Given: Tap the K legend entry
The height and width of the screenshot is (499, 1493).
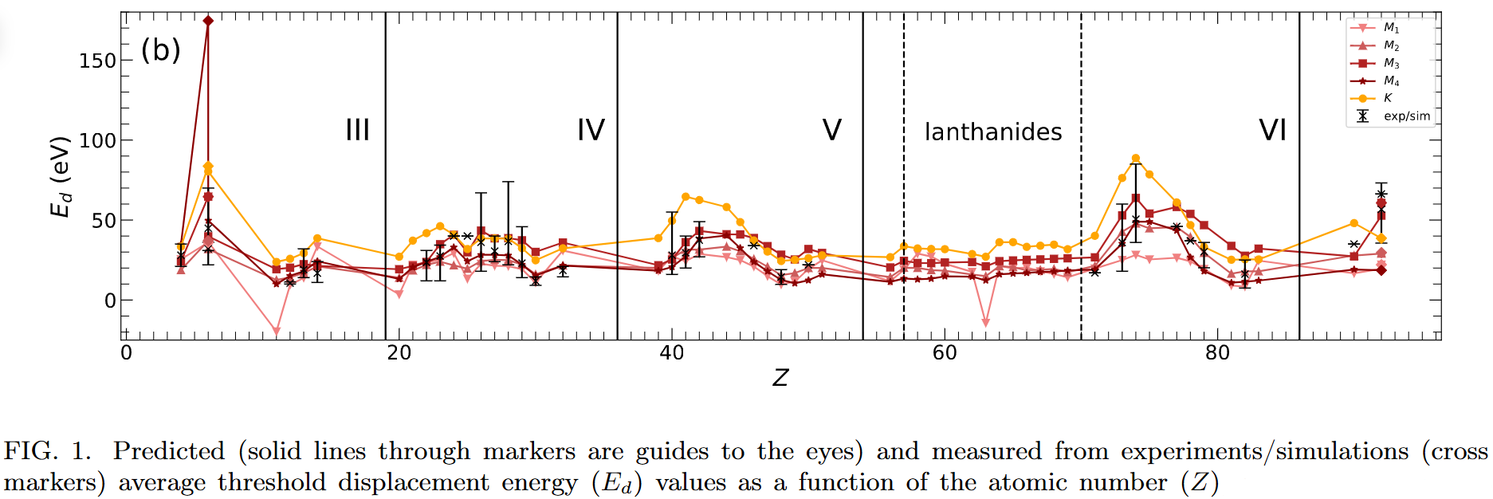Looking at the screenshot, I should (x=1388, y=98).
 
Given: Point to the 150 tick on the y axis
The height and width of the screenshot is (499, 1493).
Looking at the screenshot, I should (x=97, y=61).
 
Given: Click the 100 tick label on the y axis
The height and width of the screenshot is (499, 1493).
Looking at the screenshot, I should (x=97, y=141).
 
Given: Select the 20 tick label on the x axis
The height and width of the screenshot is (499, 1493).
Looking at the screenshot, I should (x=399, y=353).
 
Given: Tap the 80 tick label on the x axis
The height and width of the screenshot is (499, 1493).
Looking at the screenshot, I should (x=1217, y=353).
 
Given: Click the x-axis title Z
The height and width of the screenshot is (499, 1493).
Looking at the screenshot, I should (x=780, y=378).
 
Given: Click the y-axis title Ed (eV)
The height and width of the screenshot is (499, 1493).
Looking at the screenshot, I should (x=61, y=177).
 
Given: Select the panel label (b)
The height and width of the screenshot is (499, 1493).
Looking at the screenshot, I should (x=161, y=50).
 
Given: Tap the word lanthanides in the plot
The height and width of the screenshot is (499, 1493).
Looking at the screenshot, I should (x=993, y=132).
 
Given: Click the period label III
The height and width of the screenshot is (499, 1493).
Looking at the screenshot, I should (x=357, y=130).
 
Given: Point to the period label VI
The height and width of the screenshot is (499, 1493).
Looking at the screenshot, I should (x=1272, y=130).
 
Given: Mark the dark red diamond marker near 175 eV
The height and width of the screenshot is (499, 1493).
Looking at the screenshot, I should (x=208, y=21).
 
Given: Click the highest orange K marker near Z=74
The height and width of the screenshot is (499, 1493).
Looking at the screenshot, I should (x=1136, y=159).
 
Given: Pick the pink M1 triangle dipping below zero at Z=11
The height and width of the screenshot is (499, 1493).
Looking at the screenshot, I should (x=277, y=332).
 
